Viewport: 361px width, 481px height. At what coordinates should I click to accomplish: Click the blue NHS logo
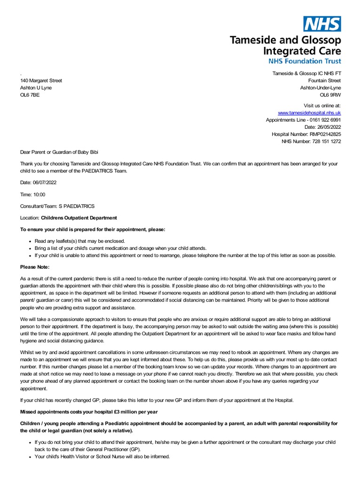click(322, 23)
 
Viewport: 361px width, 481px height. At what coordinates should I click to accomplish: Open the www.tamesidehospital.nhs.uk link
click(309, 113)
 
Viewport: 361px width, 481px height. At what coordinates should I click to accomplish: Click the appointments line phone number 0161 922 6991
click(324, 120)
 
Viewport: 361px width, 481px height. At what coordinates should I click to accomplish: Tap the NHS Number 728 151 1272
click(327, 141)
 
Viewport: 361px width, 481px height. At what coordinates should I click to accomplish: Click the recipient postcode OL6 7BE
click(30, 95)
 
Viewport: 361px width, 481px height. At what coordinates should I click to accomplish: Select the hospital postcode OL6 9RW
click(330, 95)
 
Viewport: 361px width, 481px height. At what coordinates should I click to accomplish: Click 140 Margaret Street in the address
click(41, 81)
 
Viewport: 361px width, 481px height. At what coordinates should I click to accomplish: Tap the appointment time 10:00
click(39, 194)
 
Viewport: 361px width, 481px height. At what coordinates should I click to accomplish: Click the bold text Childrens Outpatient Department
click(79, 218)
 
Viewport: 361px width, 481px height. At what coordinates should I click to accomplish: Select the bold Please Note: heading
click(34, 267)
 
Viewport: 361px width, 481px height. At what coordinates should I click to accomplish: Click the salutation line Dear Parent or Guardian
click(60, 152)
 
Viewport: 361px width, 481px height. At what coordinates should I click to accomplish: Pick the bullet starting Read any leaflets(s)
click(79, 241)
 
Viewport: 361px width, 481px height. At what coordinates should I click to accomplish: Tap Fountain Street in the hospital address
click(324, 81)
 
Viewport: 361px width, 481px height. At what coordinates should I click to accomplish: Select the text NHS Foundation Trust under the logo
click(305, 61)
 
